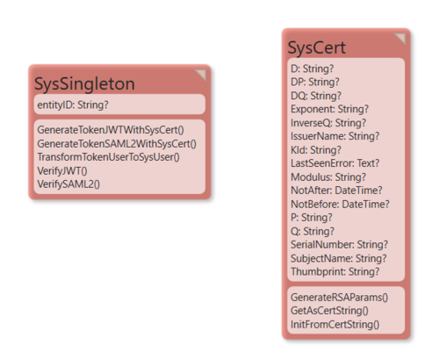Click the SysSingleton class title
[x=84, y=84]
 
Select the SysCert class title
[x=317, y=47]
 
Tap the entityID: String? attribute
[x=73, y=104]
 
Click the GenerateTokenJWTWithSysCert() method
[x=111, y=130]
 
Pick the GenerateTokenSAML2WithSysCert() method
[x=117, y=144]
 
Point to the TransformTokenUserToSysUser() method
[x=108, y=157]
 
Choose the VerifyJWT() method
[x=62, y=170]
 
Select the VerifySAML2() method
[x=68, y=184]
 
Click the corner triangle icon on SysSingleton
[x=202, y=74]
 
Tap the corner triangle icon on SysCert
[x=401, y=38]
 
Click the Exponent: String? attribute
[x=329, y=109]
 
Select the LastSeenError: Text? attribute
[x=335, y=163]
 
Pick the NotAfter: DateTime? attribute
[x=336, y=191]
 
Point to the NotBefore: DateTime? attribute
[x=340, y=205]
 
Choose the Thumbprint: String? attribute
[x=335, y=272]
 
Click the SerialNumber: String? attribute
[x=339, y=245]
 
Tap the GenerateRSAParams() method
[x=339, y=298]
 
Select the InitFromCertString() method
[x=335, y=325]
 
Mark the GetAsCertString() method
[x=329, y=311]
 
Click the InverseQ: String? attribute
[x=328, y=123]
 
